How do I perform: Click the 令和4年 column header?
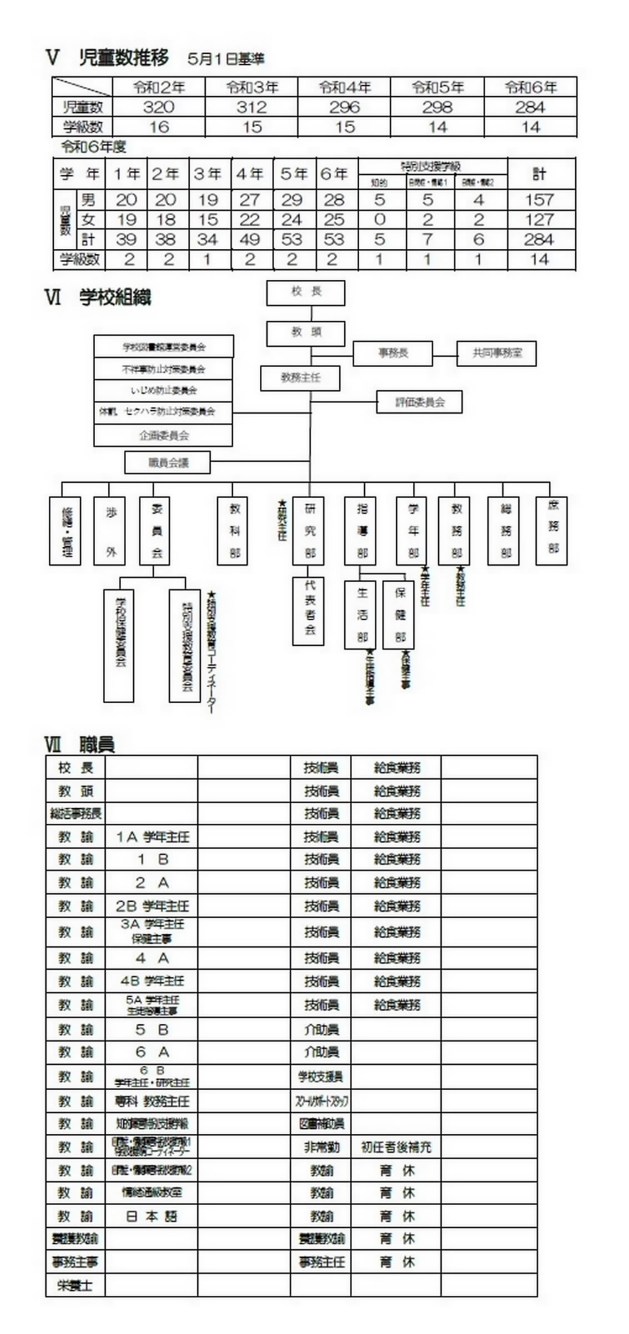click(x=345, y=87)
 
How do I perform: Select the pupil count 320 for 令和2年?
click(x=158, y=107)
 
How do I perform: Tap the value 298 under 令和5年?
click(x=437, y=107)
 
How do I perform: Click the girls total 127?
click(x=539, y=220)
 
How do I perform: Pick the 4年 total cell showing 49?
click(x=249, y=240)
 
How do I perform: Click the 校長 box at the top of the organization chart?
click(x=306, y=293)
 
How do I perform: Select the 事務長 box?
click(x=393, y=353)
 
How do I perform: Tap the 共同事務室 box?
click(x=496, y=353)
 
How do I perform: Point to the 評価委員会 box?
click(x=419, y=402)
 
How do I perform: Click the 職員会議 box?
click(x=168, y=462)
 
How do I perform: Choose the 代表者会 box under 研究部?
click(x=308, y=611)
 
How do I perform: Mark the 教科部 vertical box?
click(x=232, y=531)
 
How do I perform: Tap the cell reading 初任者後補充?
click(x=396, y=1148)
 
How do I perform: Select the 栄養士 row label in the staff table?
click(x=75, y=1285)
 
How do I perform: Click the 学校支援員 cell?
click(x=321, y=1077)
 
